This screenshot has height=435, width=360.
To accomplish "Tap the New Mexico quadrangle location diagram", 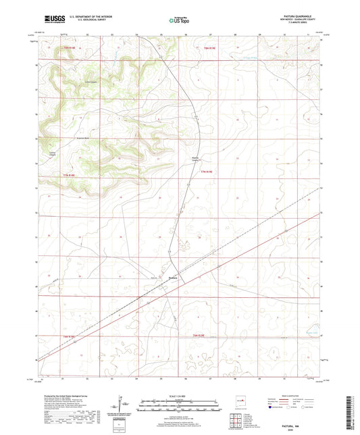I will click(238, 403).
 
